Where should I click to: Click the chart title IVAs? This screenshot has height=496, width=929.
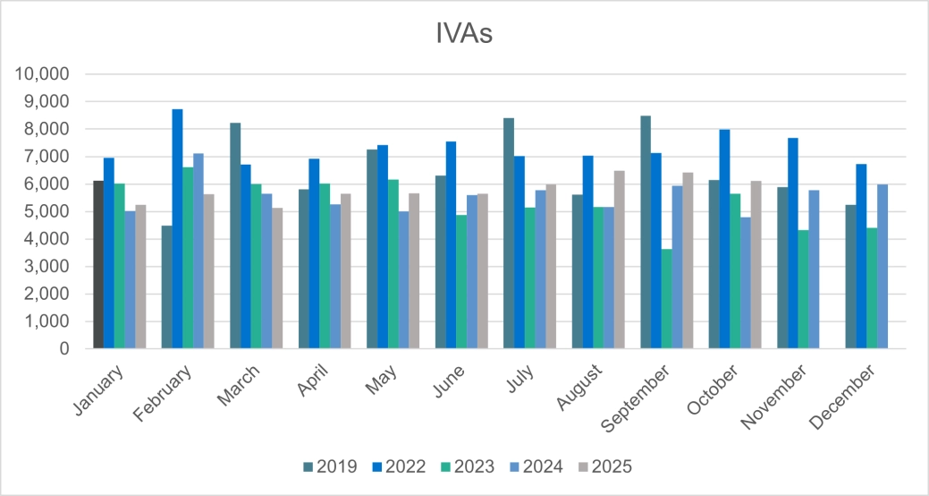coord(463,35)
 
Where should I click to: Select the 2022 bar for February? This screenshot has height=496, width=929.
coord(178,229)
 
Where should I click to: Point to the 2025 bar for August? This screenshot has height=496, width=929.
coord(620,260)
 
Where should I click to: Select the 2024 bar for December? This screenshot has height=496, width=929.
coord(883,267)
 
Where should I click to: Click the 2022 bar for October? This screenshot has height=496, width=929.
coord(724,239)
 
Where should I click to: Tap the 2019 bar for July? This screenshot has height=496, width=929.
coord(509,234)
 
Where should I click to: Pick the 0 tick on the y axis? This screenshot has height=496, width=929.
coord(63,349)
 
